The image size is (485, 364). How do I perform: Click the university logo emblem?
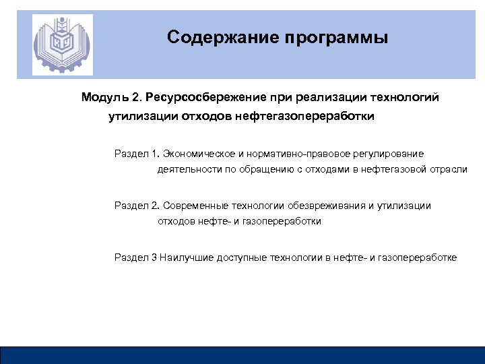tap(63, 44)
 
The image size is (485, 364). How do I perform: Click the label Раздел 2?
tap(136, 206)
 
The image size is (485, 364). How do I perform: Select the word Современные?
tap(195, 206)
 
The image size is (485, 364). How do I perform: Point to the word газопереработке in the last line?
tap(418, 257)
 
